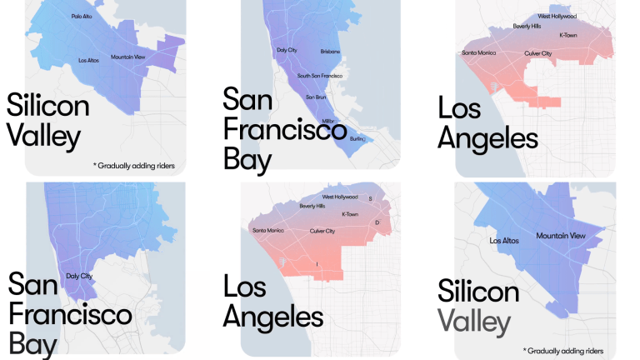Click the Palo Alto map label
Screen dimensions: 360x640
click(82, 16)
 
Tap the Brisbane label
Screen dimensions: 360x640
click(330, 52)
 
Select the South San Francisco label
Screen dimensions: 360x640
click(321, 76)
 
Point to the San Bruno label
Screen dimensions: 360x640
click(316, 97)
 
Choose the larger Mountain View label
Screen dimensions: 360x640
click(561, 236)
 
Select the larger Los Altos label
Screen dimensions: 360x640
click(505, 241)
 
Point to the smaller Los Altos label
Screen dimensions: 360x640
click(88, 61)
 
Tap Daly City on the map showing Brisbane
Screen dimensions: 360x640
click(287, 51)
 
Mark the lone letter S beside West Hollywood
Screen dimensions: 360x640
click(371, 198)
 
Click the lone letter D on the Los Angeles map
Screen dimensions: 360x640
click(377, 222)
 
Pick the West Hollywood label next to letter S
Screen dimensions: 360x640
click(340, 197)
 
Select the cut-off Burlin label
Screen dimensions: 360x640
click(357, 138)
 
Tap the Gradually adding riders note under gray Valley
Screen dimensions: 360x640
click(563, 351)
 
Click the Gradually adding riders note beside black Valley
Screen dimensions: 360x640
click(137, 165)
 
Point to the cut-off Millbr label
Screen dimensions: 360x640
click(328, 121)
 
